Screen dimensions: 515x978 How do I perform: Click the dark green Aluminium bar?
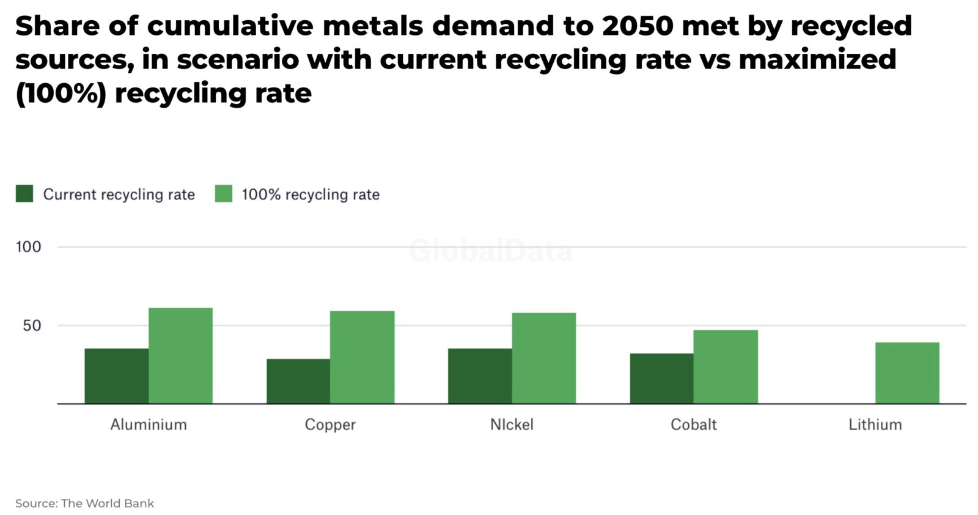[116, 376]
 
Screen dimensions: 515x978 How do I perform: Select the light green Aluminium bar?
[180, 355]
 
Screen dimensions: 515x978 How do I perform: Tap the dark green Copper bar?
[298, 381]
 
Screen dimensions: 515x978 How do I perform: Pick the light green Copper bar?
[362, 357]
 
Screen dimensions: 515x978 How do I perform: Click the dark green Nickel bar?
[480, 376]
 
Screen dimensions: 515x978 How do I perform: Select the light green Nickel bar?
[543, 358]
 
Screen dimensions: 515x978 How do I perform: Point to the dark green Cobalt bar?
[661, 379]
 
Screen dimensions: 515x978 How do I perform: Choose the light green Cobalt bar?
[726, 366]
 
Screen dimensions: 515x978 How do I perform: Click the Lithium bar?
[907, 372]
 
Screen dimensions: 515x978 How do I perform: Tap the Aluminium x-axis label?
[149, 424]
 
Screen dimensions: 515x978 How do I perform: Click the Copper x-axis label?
[330, 424]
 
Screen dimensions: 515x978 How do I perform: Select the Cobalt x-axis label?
[693, 424]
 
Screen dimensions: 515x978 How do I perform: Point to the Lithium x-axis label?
[875, 424]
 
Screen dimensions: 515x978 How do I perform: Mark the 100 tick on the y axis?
[28, 247]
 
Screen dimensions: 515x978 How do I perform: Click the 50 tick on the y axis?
[32, 325]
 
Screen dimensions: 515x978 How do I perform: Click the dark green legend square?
[24, 194]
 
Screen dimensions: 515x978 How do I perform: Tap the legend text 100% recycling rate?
[311, 195]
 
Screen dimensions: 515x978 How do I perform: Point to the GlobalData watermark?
[491, 251]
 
